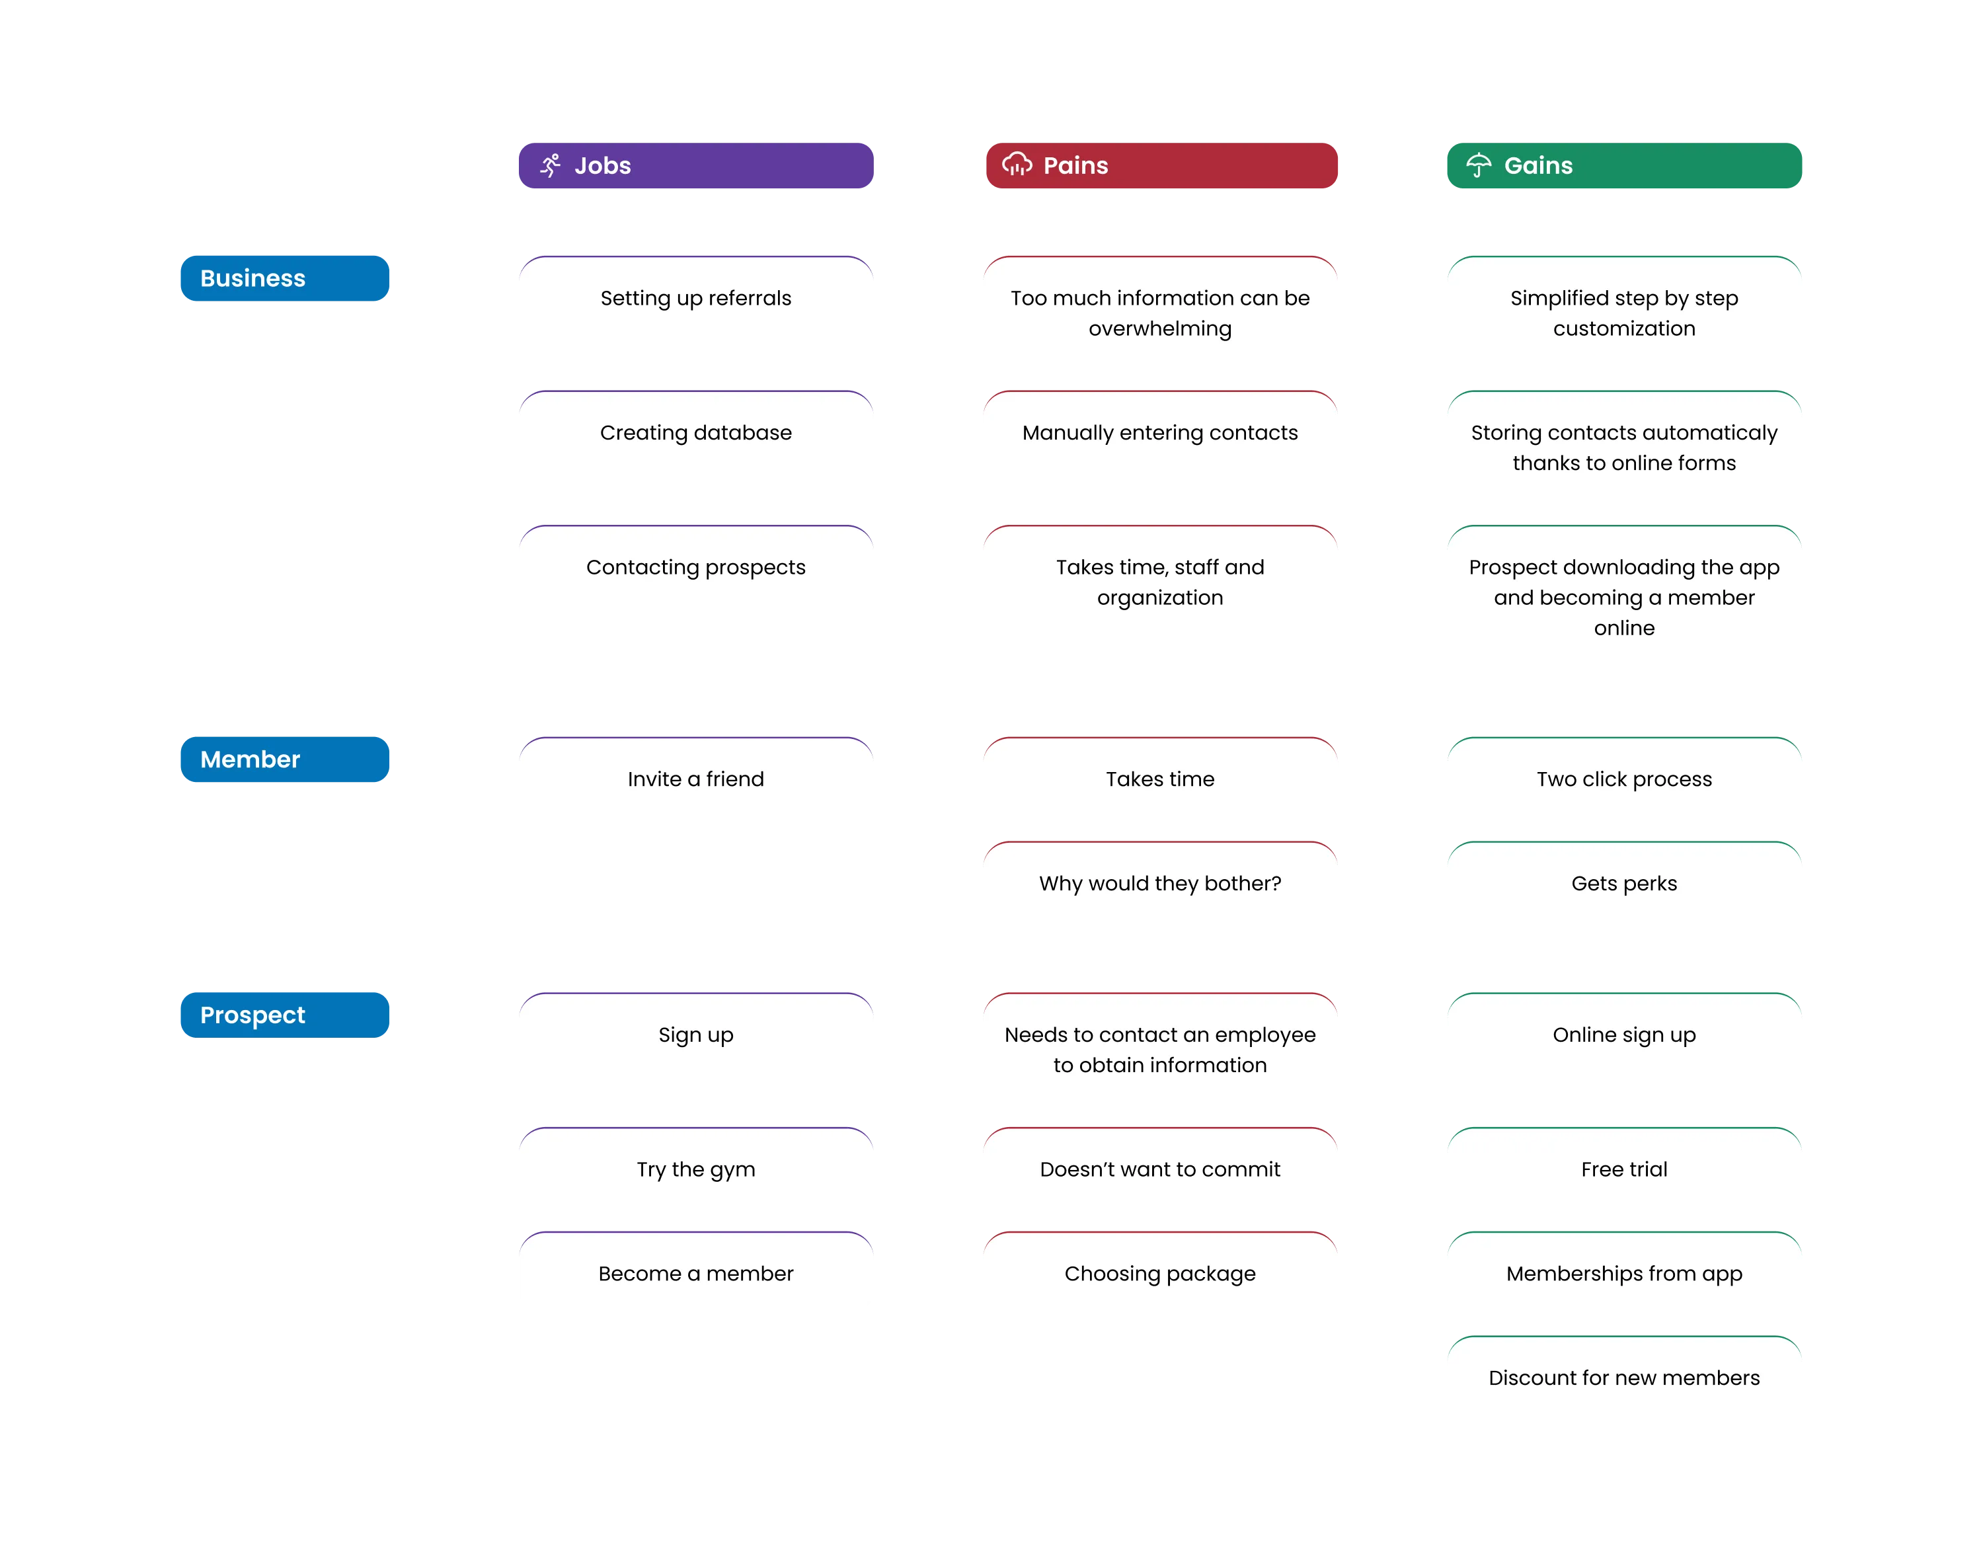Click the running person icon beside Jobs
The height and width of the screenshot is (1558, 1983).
coord(550,165)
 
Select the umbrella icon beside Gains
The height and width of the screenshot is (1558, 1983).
coord(1479,165)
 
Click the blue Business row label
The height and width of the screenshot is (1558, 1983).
coord(285,278)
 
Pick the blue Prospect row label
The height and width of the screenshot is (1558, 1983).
coord(285,1015)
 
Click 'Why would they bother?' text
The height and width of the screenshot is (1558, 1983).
coord(1160,883)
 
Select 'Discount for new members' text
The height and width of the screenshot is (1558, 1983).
coord(1625,1378)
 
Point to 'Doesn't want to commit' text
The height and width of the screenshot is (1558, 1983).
coord(1160,1169)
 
